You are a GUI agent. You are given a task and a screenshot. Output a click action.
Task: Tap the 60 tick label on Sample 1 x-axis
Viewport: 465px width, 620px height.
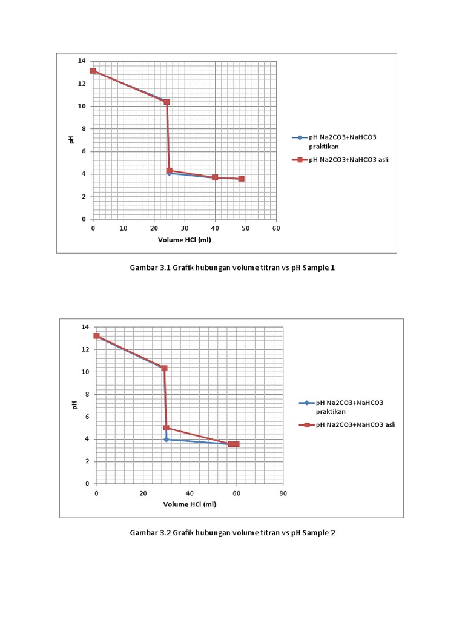pos(276,228)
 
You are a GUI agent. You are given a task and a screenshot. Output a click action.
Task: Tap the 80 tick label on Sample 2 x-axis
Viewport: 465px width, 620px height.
pos(283,493)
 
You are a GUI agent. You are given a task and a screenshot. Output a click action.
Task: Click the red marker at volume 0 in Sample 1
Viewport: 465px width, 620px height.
pos(93,71)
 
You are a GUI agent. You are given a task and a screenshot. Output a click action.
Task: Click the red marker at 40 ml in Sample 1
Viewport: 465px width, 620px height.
pos(215,177)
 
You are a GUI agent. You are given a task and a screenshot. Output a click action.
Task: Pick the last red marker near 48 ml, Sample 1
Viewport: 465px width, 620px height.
pos(241,179)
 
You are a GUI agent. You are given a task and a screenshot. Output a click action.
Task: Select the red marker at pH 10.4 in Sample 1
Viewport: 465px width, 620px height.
pos(167,102)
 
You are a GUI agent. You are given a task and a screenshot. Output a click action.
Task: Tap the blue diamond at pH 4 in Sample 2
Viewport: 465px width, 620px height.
pos(166,439)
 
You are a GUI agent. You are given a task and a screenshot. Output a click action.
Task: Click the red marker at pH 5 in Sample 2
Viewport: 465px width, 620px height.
pos(167,427)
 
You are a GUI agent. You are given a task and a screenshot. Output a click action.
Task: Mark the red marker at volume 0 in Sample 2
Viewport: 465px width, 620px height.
pos(96,335)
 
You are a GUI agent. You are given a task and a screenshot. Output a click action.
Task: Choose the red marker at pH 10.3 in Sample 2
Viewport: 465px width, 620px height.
pos(164,368)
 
